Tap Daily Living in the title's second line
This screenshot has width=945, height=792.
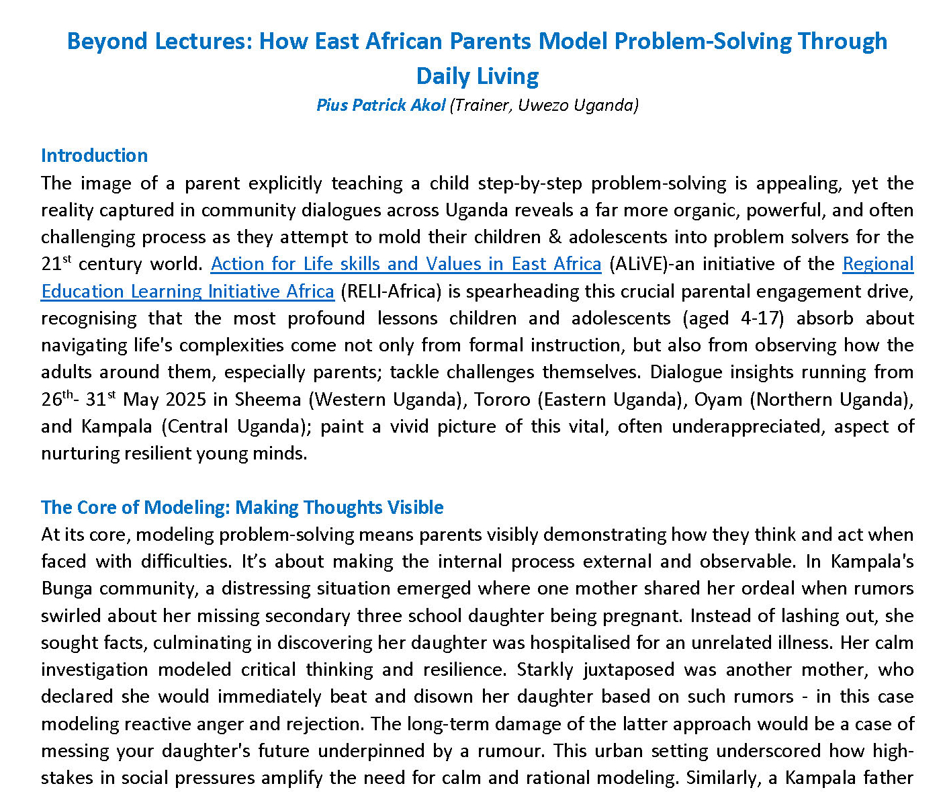[478, 76]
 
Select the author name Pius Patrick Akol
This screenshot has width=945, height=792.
[381, 105]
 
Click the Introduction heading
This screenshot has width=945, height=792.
[94, 155]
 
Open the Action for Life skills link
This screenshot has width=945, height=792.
[406, 264]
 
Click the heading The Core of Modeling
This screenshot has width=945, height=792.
[242, 507]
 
